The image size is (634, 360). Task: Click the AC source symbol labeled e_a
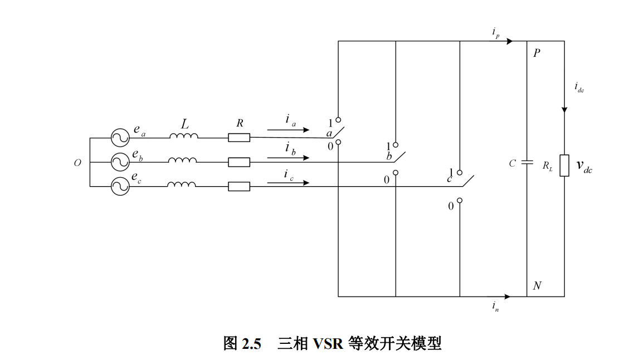pos(119,138)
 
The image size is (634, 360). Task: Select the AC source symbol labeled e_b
pos(119,162)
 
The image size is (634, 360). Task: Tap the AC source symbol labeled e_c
pos(119,186)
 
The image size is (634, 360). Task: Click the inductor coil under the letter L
pos(183,137)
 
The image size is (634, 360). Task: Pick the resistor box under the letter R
pos(239,137)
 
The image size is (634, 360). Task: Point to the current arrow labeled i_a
pos(288,130)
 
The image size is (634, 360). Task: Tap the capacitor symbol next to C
pos(527,163)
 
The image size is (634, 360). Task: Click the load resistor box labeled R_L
pos(564,166)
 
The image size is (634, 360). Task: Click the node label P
pos(537,53)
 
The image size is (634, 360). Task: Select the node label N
pos(537,286)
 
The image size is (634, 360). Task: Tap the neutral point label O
pos(77,163)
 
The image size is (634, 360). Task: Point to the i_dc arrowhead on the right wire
pos(564,109)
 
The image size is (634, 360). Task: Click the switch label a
pos(329,134)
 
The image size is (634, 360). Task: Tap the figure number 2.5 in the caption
pos(251,344)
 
